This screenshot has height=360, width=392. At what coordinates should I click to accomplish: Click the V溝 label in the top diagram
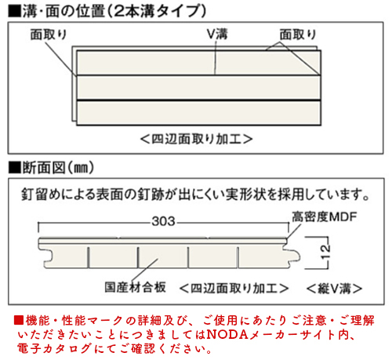pyautogui.click(x=217, y=34)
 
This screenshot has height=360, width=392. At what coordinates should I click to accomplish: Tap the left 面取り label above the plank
pyautogui.click(x=49, y=35)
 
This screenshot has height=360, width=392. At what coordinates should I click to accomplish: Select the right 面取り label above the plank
pyautogui.click(x=298, y=35)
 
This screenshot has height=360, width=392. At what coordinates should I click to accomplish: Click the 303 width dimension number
pyautogui.click(x=163, y=221)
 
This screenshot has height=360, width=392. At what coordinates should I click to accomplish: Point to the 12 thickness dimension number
pyautogui.click(x=325, y=252)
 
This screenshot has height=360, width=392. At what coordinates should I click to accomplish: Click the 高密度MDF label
pyautogui.click(x=324, y=216)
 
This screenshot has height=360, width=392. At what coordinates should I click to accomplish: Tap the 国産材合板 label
pyautogui.click(x=135, y=287)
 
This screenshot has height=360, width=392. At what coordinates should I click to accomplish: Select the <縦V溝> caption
pyautogui.click(x=334, y=289)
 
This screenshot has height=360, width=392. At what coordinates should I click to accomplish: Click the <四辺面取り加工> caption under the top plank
pyautogui.click(x=197, y=139)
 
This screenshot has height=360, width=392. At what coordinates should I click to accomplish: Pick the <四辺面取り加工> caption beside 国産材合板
pyautogui.click(x=234, y=289)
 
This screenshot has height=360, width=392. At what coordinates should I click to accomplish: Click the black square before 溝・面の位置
pyautogui.click(x=15, y=12)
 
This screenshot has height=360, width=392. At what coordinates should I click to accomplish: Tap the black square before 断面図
pyautogui.click(x=15, y=167)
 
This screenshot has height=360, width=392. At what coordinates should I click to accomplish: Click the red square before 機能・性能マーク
pyautogui.click(x=19, y=320)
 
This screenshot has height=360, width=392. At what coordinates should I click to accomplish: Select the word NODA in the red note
pyautogui.click(x=227, y=335)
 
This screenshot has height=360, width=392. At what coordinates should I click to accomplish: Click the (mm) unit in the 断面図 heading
pyautogui.click(x=81, y=167)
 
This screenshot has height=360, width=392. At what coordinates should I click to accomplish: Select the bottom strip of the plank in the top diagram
pyautogui.click(x=198, y=113)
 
